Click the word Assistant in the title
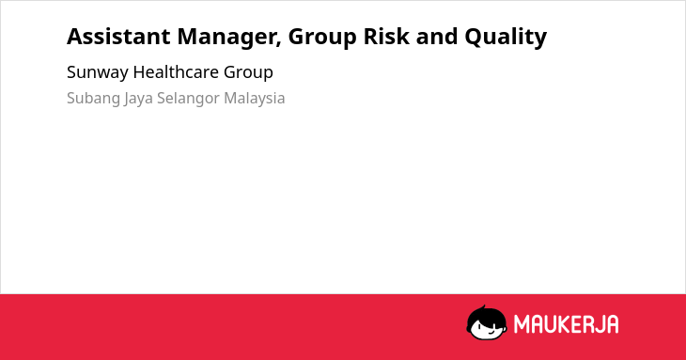coord(118,37)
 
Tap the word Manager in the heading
coord(229,38)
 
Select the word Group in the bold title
coord(322,38)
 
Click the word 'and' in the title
coord(436,37)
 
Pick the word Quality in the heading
coord(506,38)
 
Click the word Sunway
coord(98,72)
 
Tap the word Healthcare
coord(176,71)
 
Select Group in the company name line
coord(248,72)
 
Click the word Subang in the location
coord(94,99)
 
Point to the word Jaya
coord(138,99)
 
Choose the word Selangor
coord(188,99)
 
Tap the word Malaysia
coord(254,99)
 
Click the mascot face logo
coord(487,322)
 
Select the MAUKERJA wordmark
coord(566,324)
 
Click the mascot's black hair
coord(486,314)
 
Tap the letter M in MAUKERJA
coord(522,324)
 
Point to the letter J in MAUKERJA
coord(599,324)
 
